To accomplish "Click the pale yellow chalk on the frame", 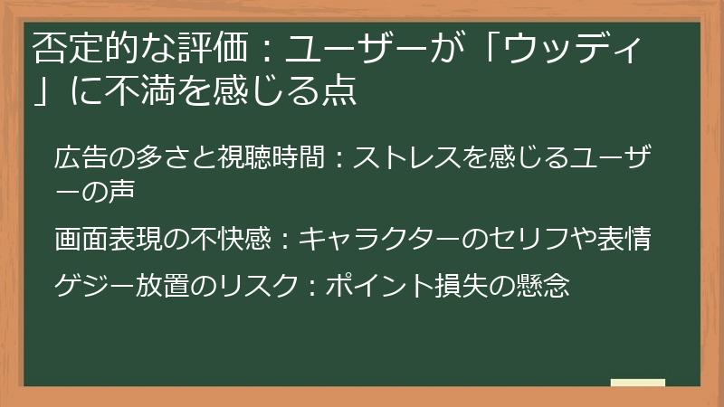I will (637, 383).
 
